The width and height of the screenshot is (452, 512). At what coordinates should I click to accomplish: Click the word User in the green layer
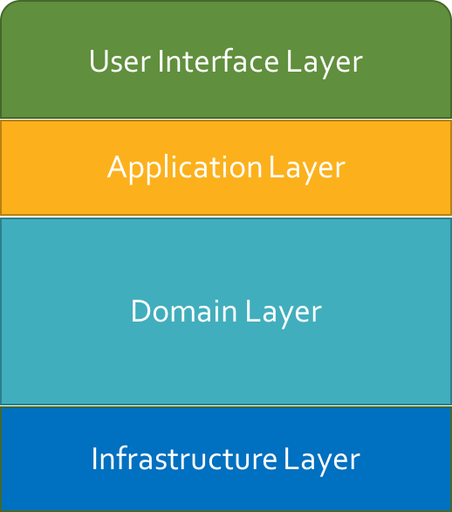point(120,61)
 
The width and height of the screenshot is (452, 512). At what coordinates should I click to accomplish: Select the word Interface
point(218,60)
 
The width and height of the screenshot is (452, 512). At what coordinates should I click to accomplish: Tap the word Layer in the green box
point(325,64)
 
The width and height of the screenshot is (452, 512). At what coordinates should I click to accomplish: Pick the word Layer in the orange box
point(307,170)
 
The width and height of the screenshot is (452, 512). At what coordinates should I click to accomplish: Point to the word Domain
point(183,311)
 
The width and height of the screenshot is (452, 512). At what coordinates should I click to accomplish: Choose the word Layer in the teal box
point(284,314)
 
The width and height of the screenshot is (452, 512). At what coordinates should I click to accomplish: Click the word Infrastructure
point(184,458)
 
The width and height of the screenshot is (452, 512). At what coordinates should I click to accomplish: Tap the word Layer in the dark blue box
point(322,461)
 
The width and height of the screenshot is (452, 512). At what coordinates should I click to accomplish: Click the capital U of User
point(98,61)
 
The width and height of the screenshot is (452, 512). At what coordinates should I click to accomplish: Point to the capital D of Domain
point(140,311)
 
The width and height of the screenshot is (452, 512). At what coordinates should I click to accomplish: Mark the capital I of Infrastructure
point(94,459)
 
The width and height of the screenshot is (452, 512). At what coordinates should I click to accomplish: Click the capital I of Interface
point(161,61)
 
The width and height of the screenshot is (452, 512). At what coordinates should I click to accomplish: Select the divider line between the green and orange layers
point(226,119)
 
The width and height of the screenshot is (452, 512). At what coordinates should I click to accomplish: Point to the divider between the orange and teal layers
point(226,217)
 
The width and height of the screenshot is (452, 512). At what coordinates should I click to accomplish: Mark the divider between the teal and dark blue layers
point(226,406)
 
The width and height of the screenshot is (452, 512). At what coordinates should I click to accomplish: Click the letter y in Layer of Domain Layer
point(285,316)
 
